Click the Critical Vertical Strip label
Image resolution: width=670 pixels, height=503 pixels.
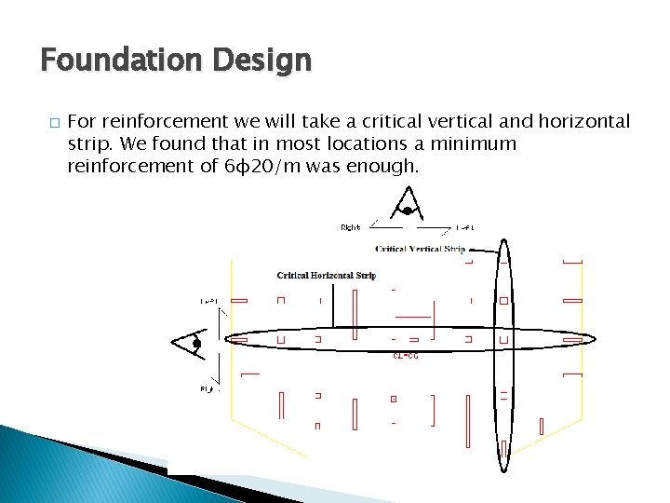click(420, 249)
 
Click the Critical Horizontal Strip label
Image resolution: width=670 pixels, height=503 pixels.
click(326, 276)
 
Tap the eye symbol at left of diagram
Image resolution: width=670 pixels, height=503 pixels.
click(191, 343)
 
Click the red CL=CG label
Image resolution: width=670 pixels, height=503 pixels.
click(405, 355)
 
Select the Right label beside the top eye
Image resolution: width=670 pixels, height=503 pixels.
click(350, 226)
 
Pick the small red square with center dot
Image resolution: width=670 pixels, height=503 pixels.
click(394, 399)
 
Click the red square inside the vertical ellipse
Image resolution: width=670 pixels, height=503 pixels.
click(503, 301)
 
